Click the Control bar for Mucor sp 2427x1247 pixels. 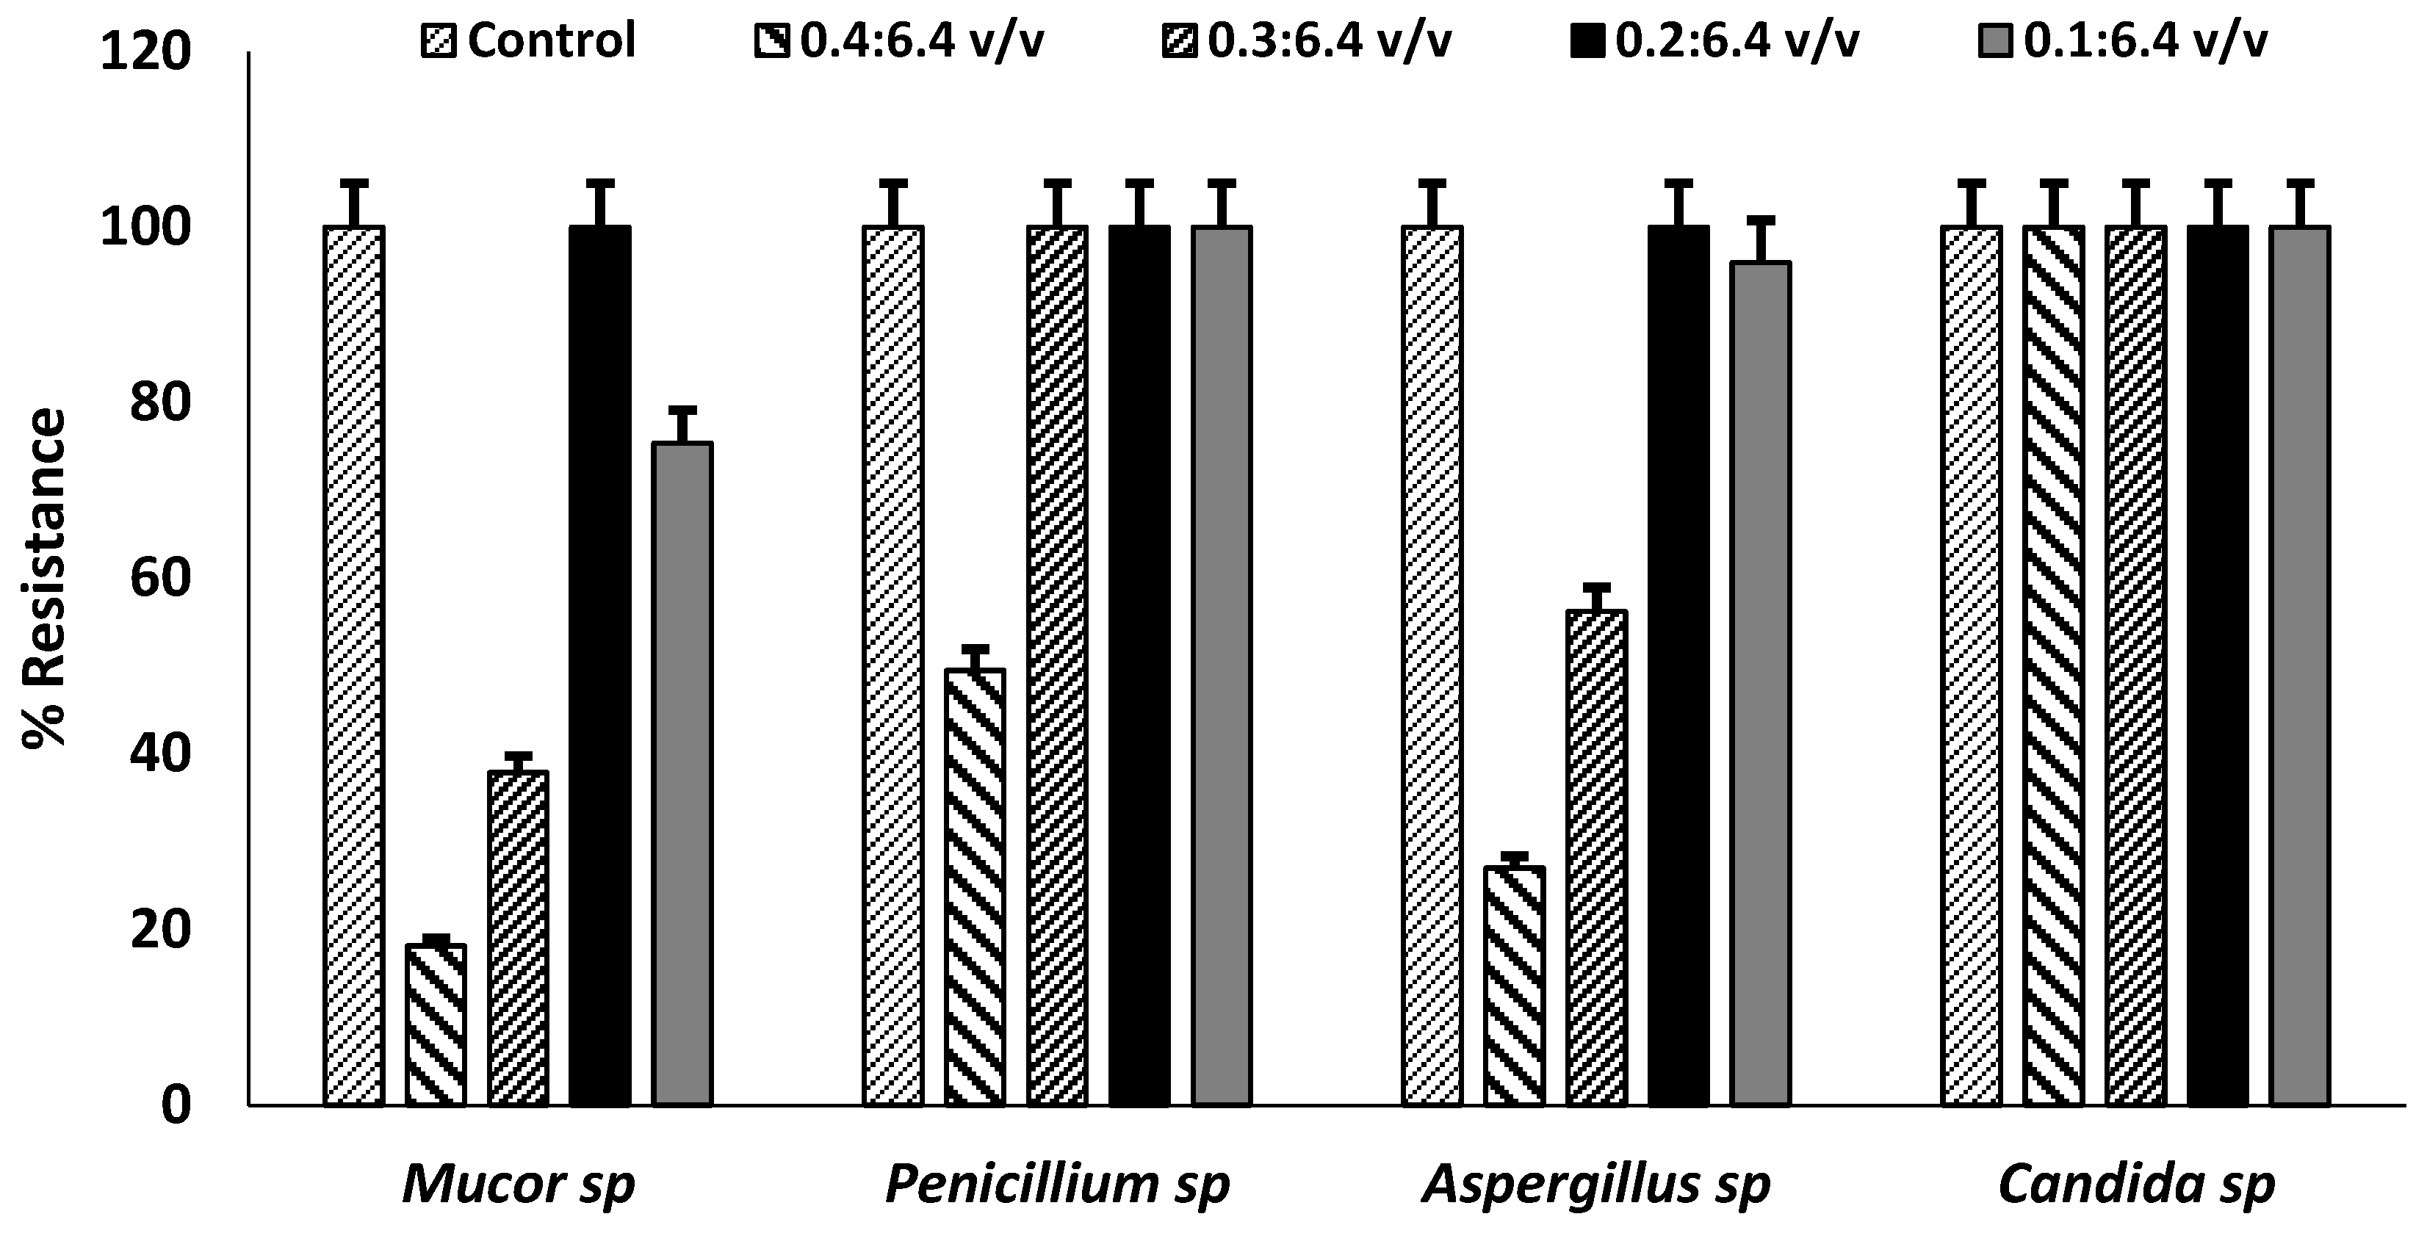click(x=353, y=664)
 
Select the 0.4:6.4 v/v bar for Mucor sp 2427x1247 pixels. click(x=436, y=1024)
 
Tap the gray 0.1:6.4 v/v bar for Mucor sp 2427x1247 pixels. click(x=682, y=773)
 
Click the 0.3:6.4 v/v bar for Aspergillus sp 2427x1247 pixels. click(x=1597, y=857)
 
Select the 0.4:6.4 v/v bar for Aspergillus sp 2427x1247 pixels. click(x=1514, y=984)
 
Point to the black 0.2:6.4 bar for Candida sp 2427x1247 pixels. click(x=2218, y=664)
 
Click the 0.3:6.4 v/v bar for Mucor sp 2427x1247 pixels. click(x=517, y=937)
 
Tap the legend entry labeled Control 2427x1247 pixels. click(x=530, y=40)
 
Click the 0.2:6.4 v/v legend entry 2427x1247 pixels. click(x=1714, y=40)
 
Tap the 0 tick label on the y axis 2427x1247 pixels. click(x=176, y=1105)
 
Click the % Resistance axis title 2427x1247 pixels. click(x=44, y=576)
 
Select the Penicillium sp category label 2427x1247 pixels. click(x=1057, y=1184)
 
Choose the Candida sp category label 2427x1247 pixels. click(x=2136, y=1184)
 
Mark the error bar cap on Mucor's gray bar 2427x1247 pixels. click(x=682, y=410)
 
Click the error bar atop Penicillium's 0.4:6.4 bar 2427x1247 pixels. click(x=976, y=650)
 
